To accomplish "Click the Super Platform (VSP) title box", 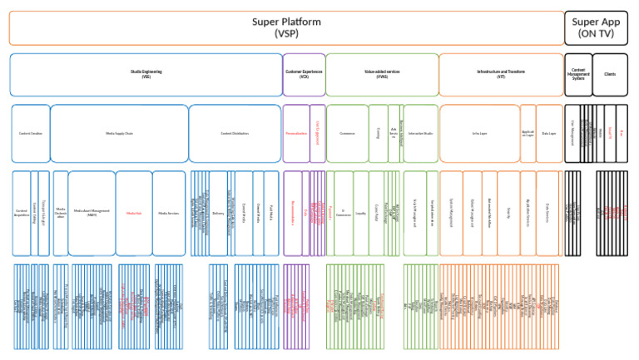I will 286,27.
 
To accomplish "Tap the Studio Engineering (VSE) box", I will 146,75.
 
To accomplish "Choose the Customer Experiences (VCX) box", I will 304,75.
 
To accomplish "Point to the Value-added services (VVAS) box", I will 382,75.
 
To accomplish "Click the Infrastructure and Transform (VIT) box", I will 501,75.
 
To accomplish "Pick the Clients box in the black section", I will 611,75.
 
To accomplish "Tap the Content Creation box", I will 31,133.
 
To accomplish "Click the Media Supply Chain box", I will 119,133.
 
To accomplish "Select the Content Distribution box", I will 235,133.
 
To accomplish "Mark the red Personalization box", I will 296,133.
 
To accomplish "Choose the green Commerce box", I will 347,133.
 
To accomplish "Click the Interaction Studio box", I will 420,133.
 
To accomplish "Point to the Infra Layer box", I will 478,133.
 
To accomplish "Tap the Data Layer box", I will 549,133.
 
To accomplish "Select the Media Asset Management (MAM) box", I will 92,213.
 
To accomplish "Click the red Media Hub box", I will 133,213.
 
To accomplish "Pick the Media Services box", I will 168,213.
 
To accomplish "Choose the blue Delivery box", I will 219,213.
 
